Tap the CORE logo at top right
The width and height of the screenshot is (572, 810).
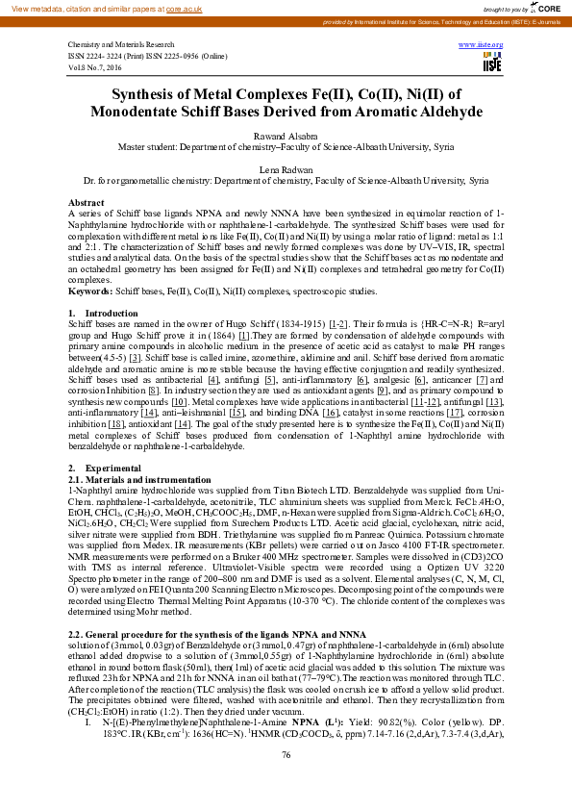tap(550, 7)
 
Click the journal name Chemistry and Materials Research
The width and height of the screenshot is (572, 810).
tap(120, 45)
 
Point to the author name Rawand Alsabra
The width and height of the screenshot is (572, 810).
tap(286, 138)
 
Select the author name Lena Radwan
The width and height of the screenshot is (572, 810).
tap(286, 168)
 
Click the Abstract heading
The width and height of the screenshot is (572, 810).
tap(86, 202)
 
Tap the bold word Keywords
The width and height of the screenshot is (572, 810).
tap(89, 290)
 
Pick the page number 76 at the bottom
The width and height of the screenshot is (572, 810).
tap(286, 781)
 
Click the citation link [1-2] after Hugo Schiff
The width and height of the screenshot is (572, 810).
tap(338, 325)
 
